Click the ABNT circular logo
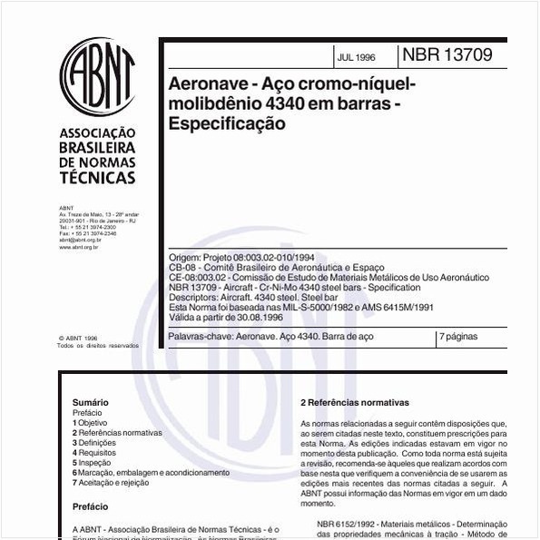(x=97, y=76)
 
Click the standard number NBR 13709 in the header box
(x=449, y=55)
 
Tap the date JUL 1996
(x=355, y=57)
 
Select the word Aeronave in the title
(x=208, y=85)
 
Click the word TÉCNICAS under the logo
(x=96, y=178)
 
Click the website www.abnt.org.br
(x=79, y=246)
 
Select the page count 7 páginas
(x=458, y=336)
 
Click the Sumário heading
(x=90, y=402)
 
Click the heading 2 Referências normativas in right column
(x=355, y=402)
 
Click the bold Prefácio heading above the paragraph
(x=90, y=507)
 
